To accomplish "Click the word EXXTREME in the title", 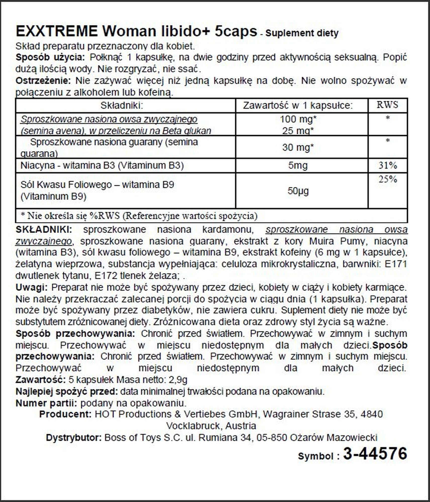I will [x=57, y=31].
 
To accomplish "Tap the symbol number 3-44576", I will [x=375, y=454].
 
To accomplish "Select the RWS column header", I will [x=387, y=105].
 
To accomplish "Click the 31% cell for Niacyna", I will [x=388, y=165].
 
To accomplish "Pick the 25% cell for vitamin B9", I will [x=388, y=179].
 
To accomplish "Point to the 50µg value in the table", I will [x=298, y=191].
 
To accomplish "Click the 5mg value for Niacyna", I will [x=298, y=165].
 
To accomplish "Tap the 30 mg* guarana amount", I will [x=298, y=147].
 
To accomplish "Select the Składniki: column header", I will [x=122, y=105].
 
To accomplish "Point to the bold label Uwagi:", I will [x=31, y=287].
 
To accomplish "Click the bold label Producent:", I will [x=65, y=414].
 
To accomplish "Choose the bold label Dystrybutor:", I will [x=74, y=437].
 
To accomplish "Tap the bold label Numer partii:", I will [x=46, y=403].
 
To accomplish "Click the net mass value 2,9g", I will [x=178, y=380].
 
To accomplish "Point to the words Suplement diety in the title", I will [x=302, y=33].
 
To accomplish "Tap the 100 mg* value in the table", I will [x=298, y=119].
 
